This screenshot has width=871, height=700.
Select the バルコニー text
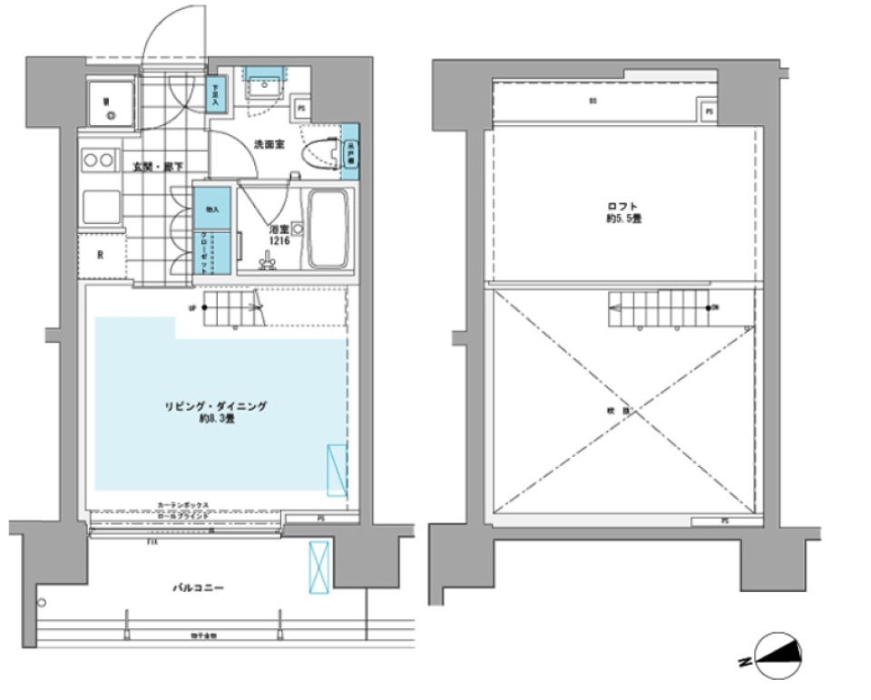pyautogui.click(x=198, y=588)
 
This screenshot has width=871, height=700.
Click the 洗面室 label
pyautogui.click(x=269, y=143)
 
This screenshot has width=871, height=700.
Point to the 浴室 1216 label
pyautogui.click(x=279, y=236)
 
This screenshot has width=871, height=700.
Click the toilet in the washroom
pyautogui.click(x=321, y=152)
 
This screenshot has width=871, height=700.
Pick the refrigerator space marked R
pyautogui.click(x=100, y=255)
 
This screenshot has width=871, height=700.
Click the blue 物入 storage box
pyautogui.click(x=211, y=207)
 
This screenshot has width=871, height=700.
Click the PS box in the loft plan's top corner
pyautogui.click(x=710, y=112)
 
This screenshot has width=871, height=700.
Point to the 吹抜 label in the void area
pyautogui.click(x=622, y=410)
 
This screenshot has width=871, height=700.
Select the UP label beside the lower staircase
pyautogui.click(x=191, y=307)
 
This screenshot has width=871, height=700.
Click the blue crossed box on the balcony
pyautogui.click(x=319, y=565)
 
